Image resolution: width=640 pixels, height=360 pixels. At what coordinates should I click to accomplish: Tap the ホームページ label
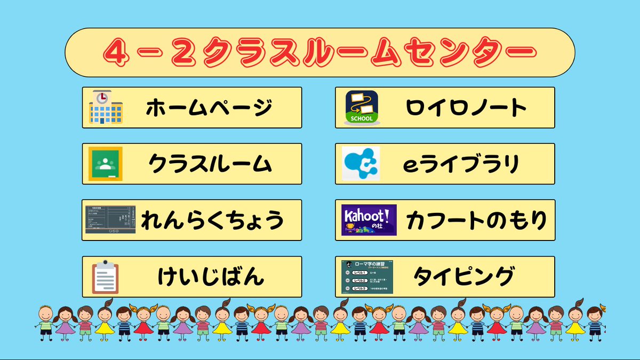click(x=209, y=108)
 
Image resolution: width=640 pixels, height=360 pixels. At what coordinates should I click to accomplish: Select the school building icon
click(x=106, y=107)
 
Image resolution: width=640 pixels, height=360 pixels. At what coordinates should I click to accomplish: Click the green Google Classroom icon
click(x=106, y=164)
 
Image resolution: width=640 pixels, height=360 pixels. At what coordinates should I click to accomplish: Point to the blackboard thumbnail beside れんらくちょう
click(x=110, y=220)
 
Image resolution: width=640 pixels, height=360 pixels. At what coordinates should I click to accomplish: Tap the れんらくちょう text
click(x=212, y=220)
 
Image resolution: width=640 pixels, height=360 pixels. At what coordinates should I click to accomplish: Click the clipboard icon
click(x=105, y=277)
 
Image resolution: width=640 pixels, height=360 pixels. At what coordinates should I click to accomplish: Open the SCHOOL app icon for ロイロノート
click(x=362, y=108)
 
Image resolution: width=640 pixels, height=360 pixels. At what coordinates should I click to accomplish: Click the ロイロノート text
click(x=466, y=108)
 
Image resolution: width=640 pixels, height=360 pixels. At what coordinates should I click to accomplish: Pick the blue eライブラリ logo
click(x=361, y=164)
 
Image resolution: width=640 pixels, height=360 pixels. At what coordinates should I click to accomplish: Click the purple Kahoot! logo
click(x=369, y=220)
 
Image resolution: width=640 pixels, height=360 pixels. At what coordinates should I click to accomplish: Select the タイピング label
click(x=464, y=277)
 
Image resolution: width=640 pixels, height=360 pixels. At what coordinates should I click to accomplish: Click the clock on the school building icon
click(x=101, y=96)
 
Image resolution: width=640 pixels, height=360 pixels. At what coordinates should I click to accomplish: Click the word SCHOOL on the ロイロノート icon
click(x=362, y=118)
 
